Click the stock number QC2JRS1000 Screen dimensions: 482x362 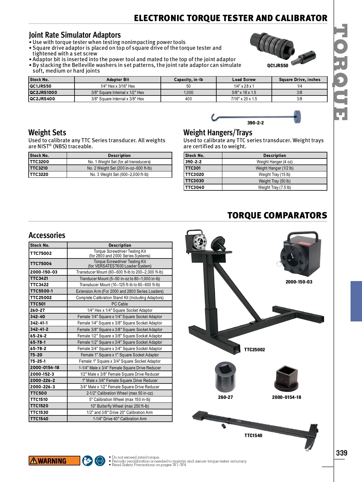[43, 92]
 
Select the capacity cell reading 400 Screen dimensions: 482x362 [188, 99]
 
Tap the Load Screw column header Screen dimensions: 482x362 [244, 80]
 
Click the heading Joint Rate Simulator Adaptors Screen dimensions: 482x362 [75, 35]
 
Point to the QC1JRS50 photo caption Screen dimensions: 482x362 [278, 66]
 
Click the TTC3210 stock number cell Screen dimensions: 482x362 [39, 168]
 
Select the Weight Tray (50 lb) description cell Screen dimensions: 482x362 [274, 181]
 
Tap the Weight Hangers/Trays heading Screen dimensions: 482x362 [218, 133]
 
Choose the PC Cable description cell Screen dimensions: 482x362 [119, 304]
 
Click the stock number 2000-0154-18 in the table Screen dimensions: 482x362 [45, 368]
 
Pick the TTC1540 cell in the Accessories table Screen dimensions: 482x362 [39, 419]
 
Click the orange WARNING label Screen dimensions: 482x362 [54, 461]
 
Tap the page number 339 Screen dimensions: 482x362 [341, 453]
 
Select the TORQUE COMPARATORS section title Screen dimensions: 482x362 [277, 215]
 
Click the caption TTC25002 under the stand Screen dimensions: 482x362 [254, 350]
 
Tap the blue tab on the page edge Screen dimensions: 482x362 [356, 301]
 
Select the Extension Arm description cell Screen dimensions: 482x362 [119, 291]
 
